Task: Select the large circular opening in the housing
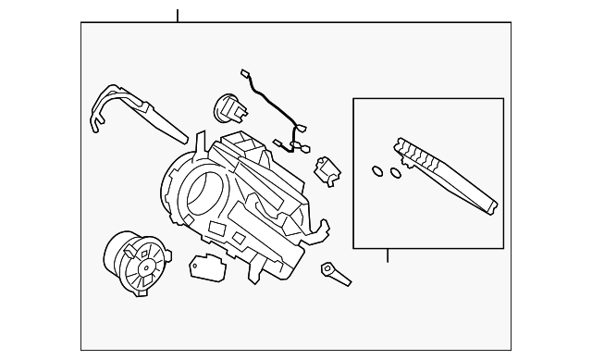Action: [203, 192]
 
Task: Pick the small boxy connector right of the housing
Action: [327, 170]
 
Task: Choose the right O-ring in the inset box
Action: [395, 172]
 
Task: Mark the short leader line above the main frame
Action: [177, 16]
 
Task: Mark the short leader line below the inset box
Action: [388, 254]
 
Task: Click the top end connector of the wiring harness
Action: [244, 73]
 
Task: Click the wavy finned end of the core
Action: [412, 153]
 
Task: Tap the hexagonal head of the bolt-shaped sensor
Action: [327, 269]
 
